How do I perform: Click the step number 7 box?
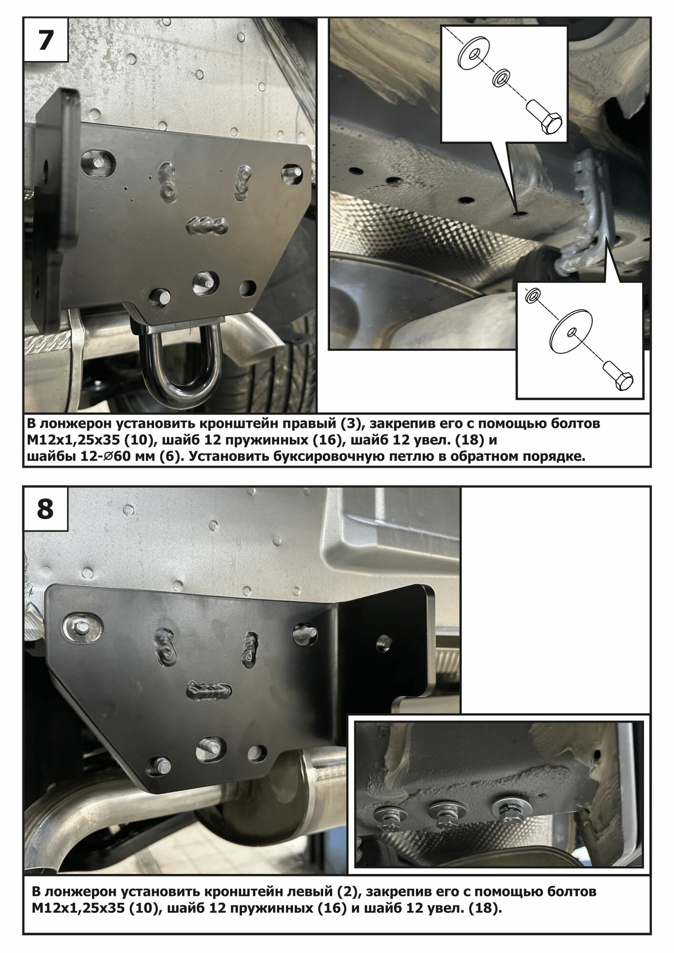pyautogui.click(x=46, y=41)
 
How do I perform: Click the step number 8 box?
pyautogui.click(x=46, y=509)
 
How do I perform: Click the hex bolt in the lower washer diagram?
pyautogui.click(x=618, y=375)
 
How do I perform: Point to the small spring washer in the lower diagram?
pyautogui.click(x=532, y=296)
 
